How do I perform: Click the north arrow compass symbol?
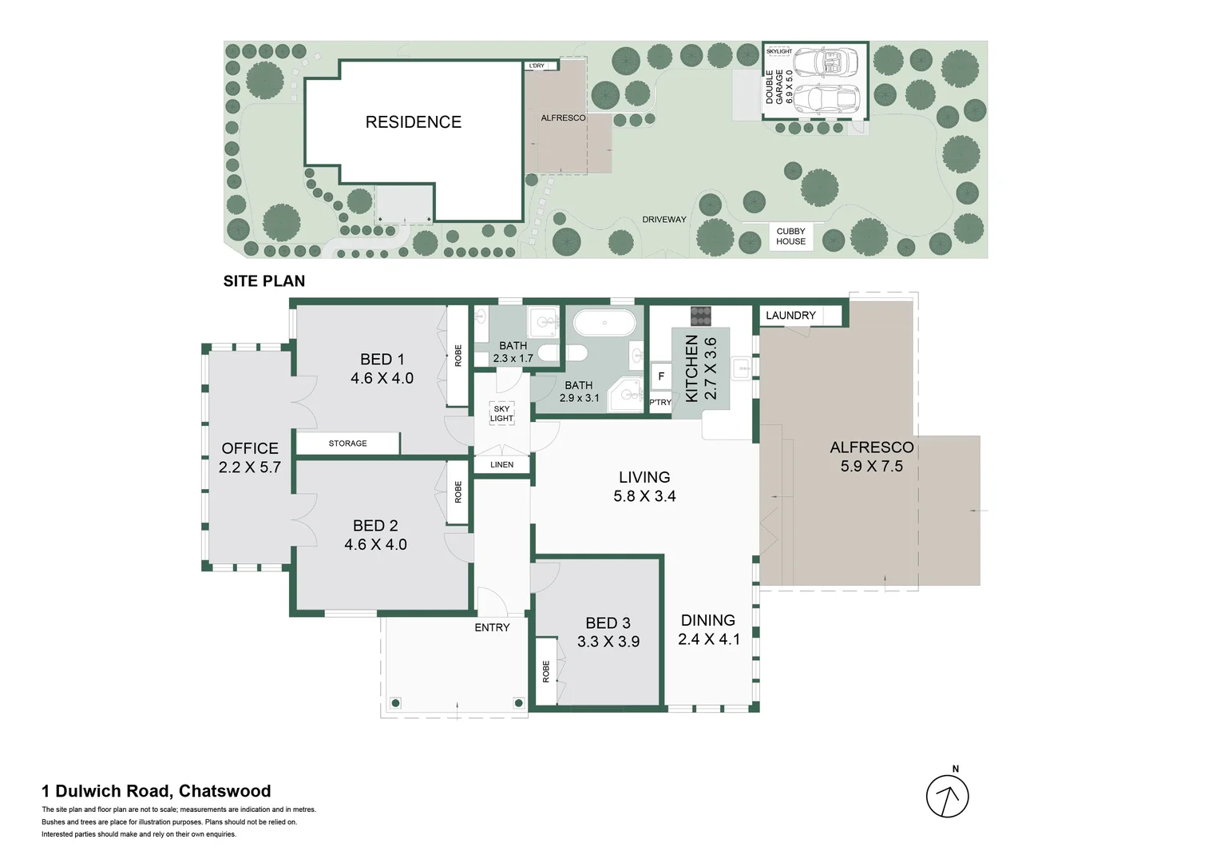point(947,796)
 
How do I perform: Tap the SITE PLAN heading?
point(264,281)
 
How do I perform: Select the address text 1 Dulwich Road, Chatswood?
point(156,791)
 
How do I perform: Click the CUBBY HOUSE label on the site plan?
point(790,237)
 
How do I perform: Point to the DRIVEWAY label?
point(663,220)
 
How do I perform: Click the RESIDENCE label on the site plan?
point(413,122)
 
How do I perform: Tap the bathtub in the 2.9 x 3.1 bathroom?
point(604,324)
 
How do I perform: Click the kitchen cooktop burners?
point(700,316)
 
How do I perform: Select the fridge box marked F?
point(660,376)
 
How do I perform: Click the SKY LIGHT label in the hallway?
point(501,413)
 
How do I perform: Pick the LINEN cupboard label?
point(501,464)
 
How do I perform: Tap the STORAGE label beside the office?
point(347,443)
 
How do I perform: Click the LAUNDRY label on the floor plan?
point(790,316)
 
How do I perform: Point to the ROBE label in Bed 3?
point(546,671)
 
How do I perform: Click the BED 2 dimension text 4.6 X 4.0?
point(375,545)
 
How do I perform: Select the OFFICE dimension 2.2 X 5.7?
point(250,467)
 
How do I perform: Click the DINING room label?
point(707,620)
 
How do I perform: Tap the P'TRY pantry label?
point(660,403)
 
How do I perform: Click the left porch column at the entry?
point(394,703)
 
